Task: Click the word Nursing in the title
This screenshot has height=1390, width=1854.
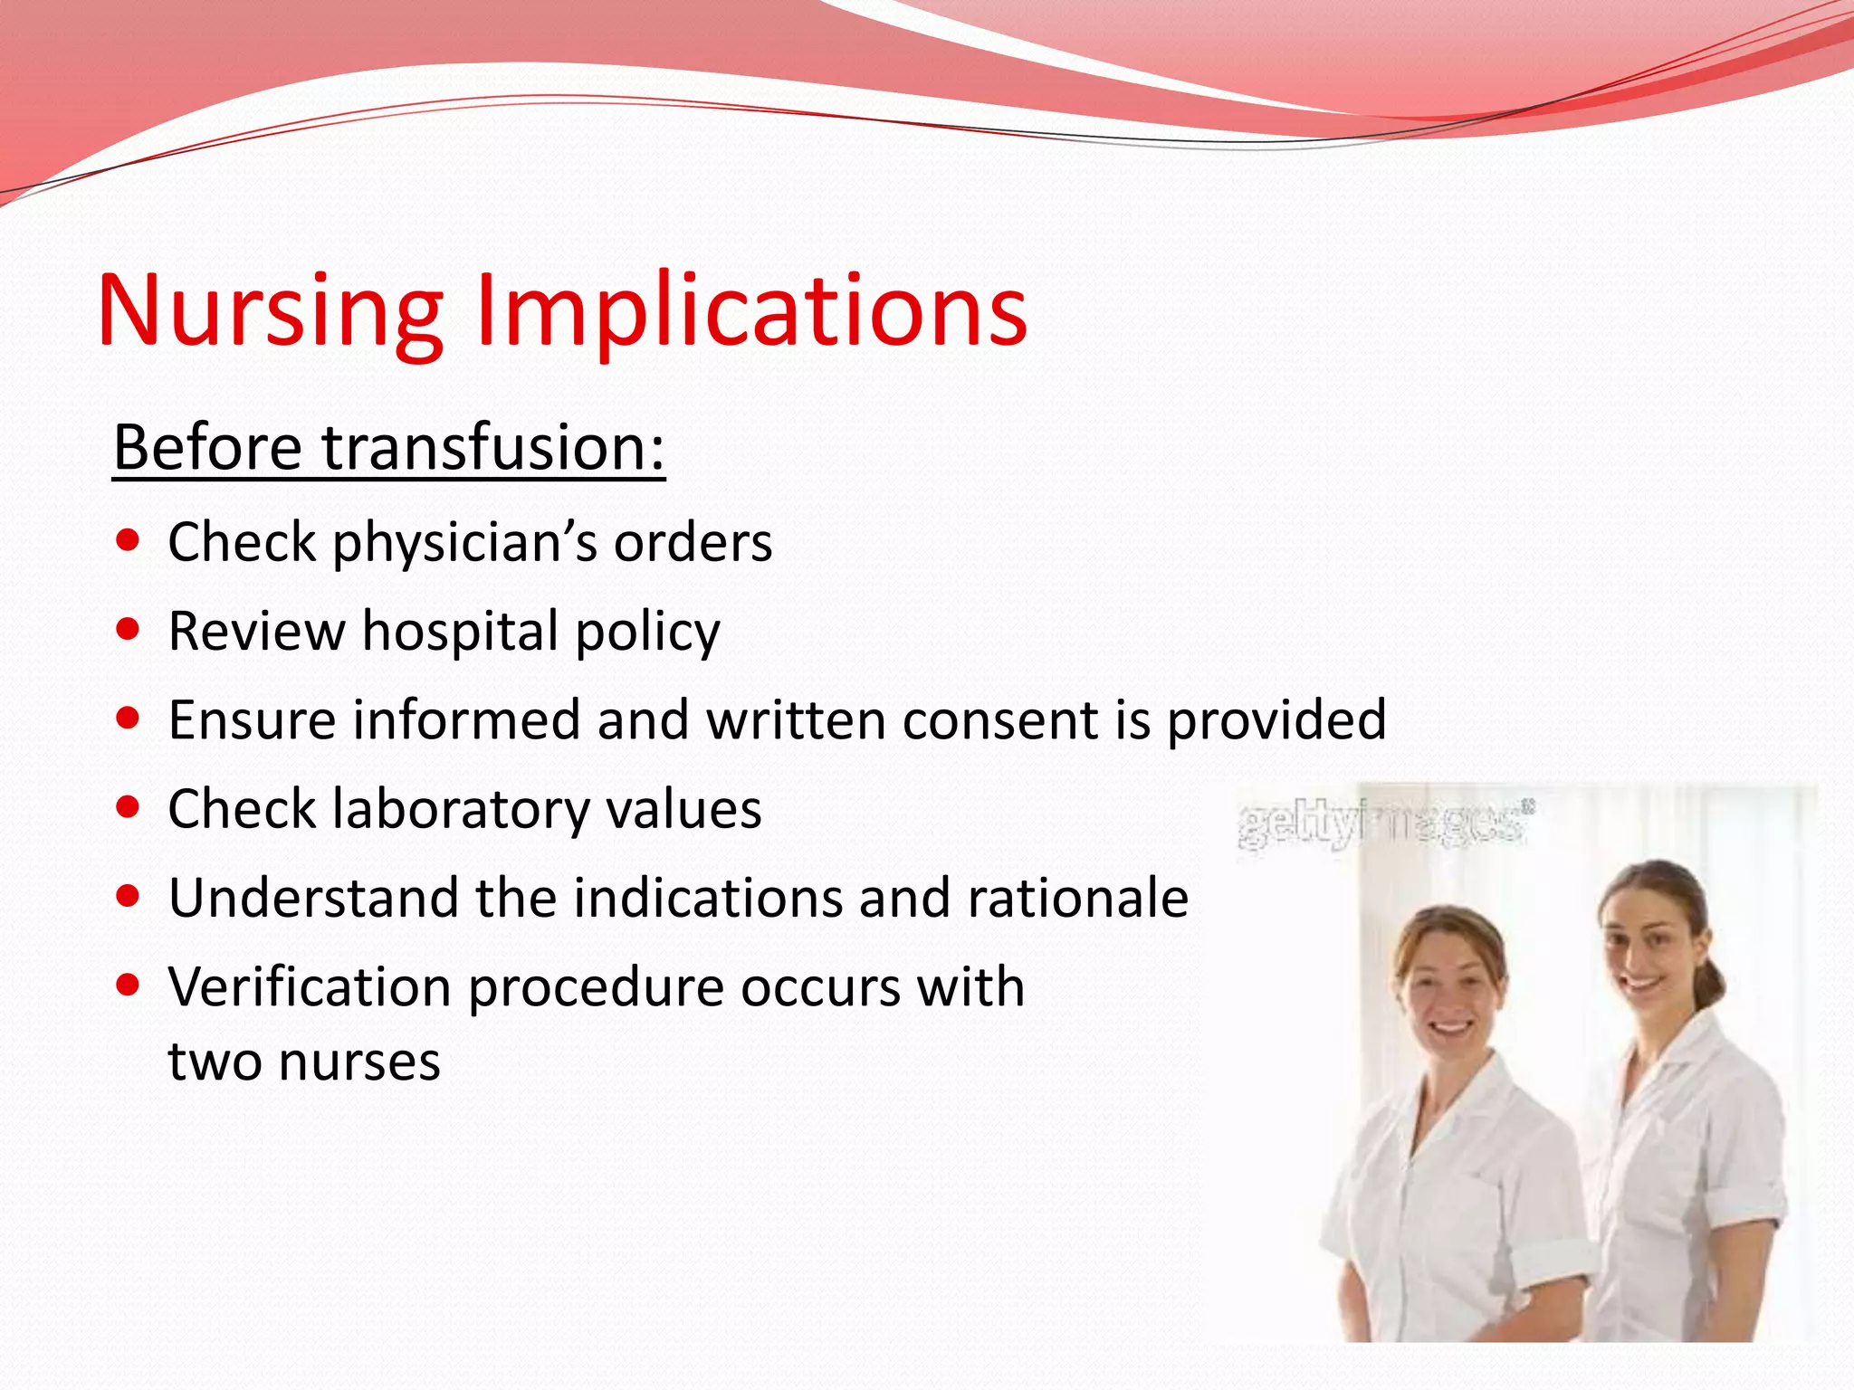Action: (270, 312)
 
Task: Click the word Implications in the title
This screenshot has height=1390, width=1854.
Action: (751, 312)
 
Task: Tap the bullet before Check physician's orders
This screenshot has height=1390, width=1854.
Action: (129, 541)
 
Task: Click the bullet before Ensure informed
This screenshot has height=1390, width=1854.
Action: (129, 719)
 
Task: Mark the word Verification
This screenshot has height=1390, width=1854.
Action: (310, 986)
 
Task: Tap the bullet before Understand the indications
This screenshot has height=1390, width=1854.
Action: (129, 896)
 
